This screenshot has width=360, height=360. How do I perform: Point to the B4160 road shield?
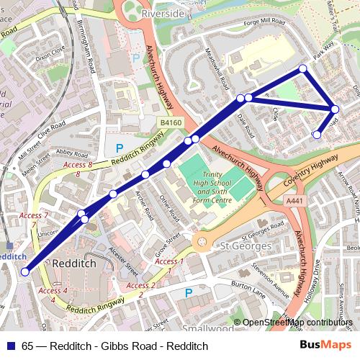click(x=171, y=124)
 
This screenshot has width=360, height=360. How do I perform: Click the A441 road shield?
click(x=293, y=201)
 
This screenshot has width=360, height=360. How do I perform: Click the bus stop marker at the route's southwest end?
click(x=25, y=271)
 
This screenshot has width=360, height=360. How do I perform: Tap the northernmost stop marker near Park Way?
click(x=303, y=69)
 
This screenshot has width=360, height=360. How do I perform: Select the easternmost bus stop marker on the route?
click(x=335, y=109)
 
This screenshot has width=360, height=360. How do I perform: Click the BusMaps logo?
click(x=327, y=346)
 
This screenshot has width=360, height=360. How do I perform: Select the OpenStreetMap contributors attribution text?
click(x=297, y=323)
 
